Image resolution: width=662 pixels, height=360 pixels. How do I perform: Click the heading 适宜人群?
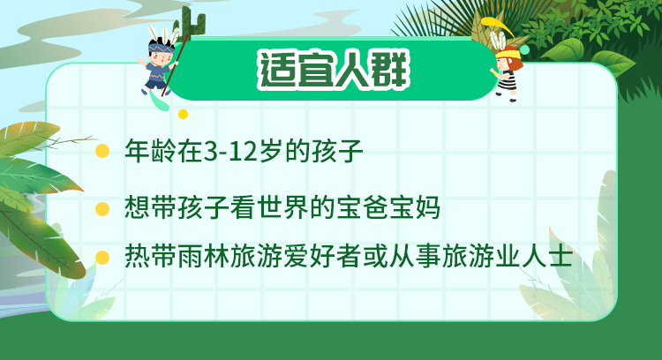click(334, 70)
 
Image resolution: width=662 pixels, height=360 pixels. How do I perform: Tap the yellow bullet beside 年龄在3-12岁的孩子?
click(102, 151)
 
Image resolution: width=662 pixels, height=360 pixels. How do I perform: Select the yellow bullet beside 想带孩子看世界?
click(102, 208)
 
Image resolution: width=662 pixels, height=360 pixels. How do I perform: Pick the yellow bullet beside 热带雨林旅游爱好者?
click(102, 257)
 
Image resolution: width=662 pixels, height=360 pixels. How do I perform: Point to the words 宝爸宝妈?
click(388, 208)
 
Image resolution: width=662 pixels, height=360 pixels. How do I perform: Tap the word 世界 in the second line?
click(283, 208)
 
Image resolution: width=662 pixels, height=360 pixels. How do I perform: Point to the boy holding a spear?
click(160, 64)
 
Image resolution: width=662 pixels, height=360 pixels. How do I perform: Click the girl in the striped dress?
click(507, 74)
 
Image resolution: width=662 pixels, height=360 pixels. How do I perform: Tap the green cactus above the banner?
click(193, 23)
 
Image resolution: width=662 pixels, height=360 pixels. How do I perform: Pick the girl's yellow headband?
click(508, 54)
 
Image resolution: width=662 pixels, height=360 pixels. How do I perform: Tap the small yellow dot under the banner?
click(183, 114)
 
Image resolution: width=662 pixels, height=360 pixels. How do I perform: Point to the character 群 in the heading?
click(391, 70)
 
